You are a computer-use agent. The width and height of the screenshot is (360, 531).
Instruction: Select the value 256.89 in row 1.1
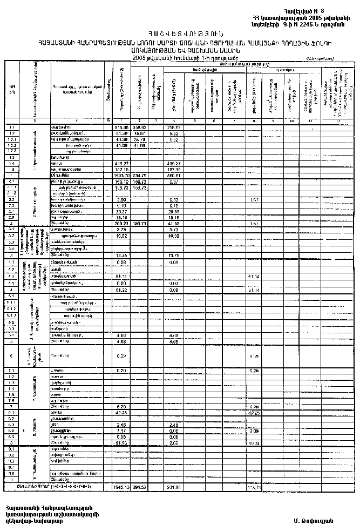click(x=174, y=127)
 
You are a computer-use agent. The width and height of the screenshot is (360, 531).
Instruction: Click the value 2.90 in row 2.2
click(x=122, y=199)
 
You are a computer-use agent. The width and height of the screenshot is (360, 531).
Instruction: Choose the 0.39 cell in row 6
click(x=122, y=356)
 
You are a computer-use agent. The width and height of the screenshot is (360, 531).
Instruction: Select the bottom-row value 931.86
click(x=174, y=486)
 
